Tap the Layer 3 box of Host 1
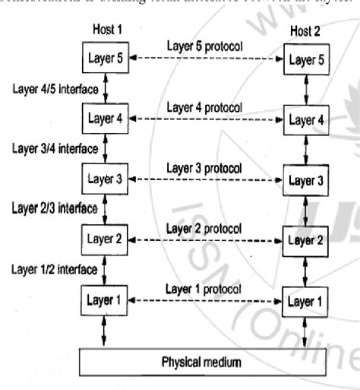coord(104,180)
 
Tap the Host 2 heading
coord(305,29)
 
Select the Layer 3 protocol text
coord(204,166)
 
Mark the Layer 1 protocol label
coord(204,289)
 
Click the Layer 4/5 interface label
coord(55,88)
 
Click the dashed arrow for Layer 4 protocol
coord(205,119)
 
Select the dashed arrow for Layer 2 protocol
coord(205,240)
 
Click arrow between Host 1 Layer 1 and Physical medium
coord(104,331)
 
